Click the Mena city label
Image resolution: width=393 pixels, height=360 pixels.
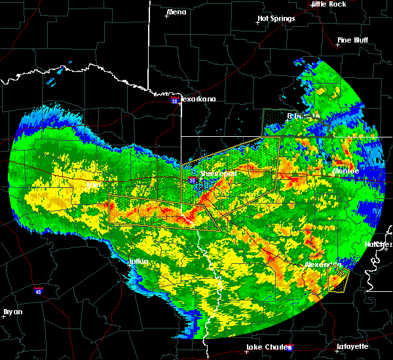177,12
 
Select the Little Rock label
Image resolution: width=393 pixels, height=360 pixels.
328,4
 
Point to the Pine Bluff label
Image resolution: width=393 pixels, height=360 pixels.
352,40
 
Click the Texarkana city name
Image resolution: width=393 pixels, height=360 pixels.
198,99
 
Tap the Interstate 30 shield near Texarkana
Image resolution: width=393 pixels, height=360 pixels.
174,101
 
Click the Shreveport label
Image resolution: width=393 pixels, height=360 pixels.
217,174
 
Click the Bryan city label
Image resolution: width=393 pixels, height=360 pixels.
13,312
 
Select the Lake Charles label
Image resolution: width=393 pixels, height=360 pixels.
266,347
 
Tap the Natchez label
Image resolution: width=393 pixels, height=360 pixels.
378,244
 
